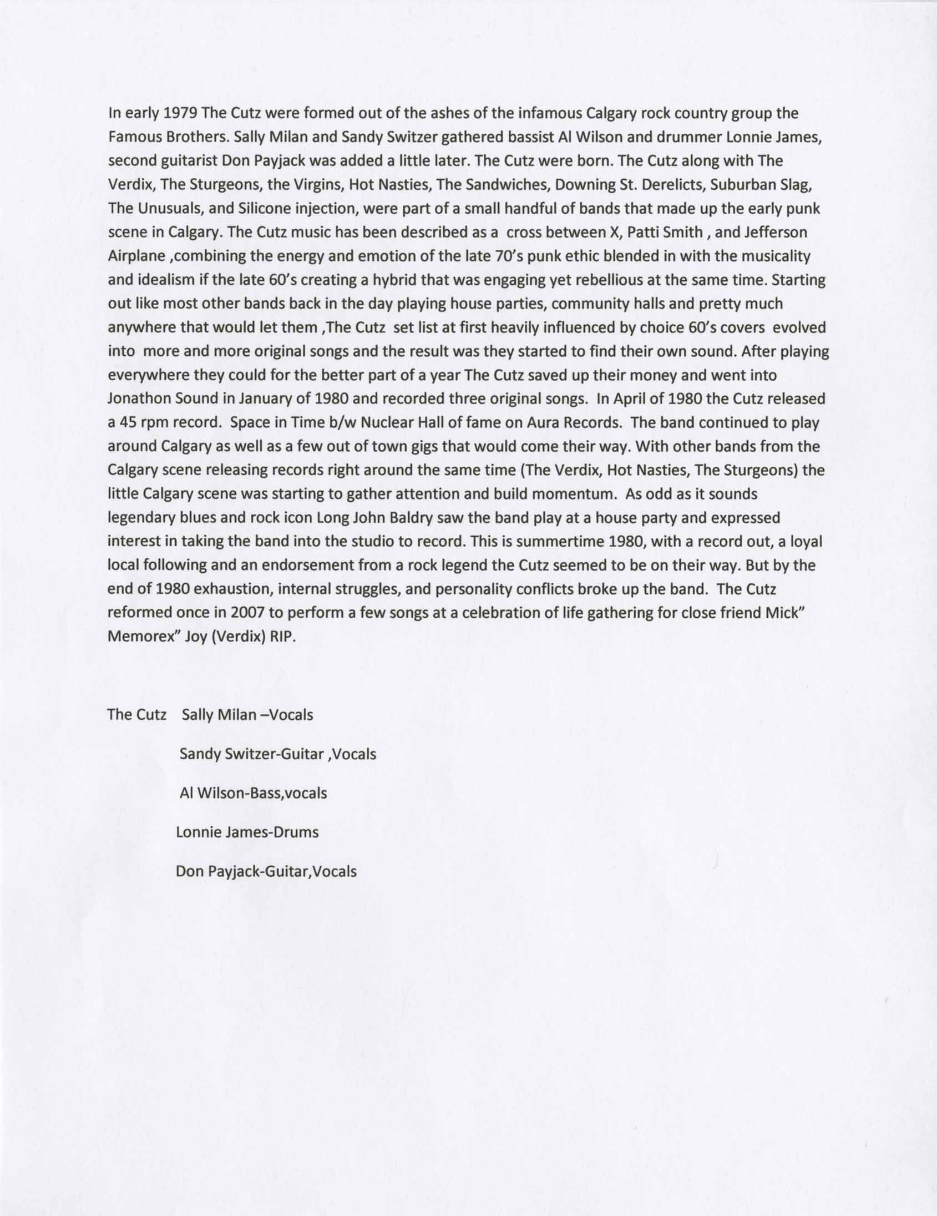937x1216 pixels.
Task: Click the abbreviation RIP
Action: (282, 637)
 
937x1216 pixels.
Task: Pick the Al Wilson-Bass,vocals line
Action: (253, 794)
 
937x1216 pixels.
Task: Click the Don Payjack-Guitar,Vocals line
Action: (266, 871)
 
